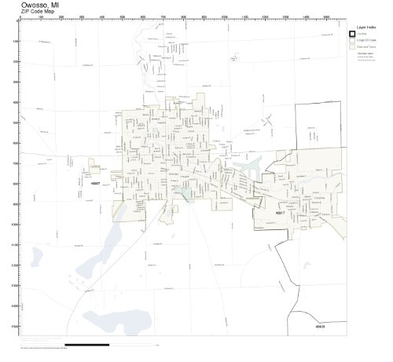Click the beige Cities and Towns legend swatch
pyautogui.click(x=352, y=46)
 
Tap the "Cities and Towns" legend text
pyautogui.click(x=366, y=46)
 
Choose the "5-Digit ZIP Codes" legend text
pyautogui.click(x=366, y=41)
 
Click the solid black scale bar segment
pyautogui.click(x=86, y=344)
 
